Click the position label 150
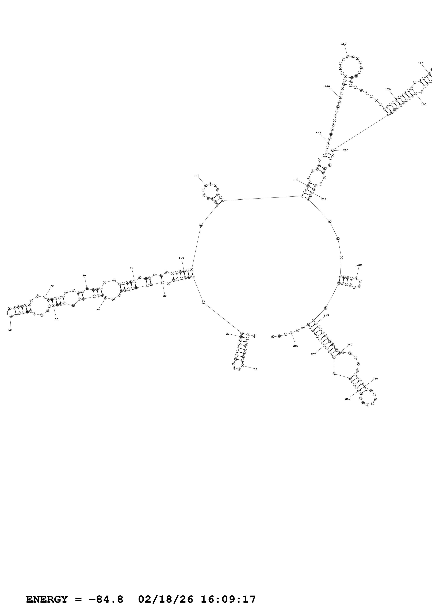point(344,44)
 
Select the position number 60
point(10,330)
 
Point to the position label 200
point(346,150)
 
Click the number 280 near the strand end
point(296,346)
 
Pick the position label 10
point(256,369)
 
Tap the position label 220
point(359,265)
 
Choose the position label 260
point(348,399)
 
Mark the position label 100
point(181,258)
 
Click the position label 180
point(420,64)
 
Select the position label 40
point(98,309)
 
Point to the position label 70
point(52,286)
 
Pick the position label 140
point(327,86)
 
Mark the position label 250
point(375,379)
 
